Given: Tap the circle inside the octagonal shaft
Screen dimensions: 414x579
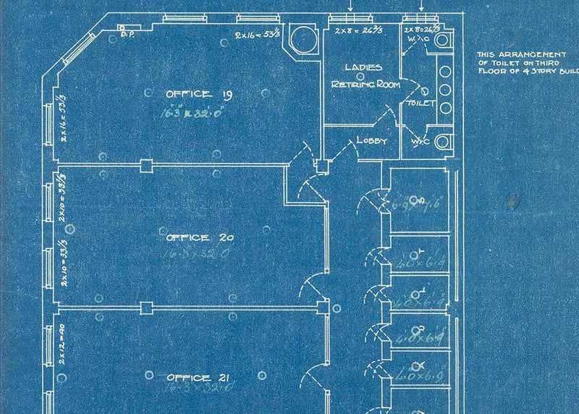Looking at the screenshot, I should click(298, 37).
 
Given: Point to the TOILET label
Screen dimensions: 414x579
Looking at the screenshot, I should click(421, 103).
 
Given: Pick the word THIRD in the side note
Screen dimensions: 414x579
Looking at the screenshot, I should click(547, 63).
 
